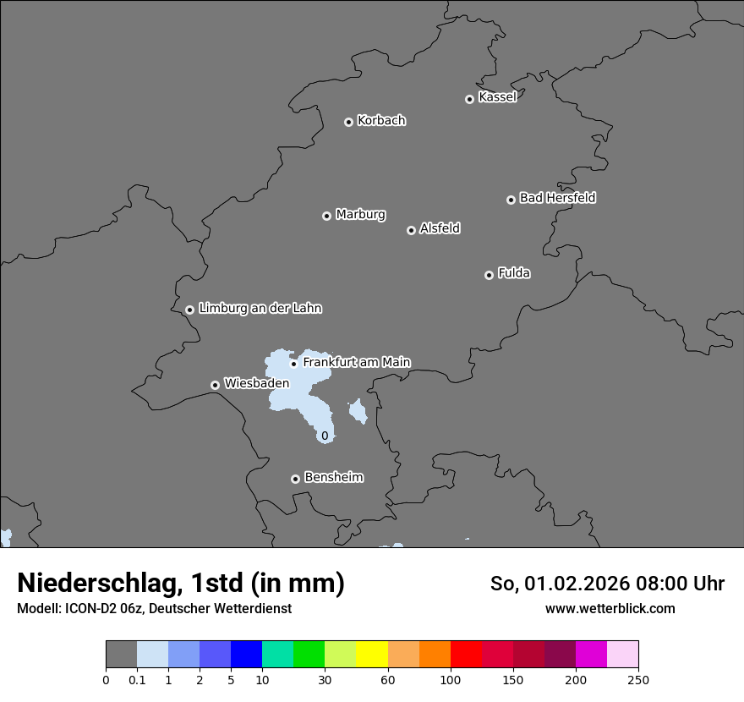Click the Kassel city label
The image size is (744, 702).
497,97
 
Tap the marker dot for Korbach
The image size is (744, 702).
348,122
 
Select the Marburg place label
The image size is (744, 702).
360,215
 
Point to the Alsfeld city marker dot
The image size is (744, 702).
411,230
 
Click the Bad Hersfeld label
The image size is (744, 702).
557,198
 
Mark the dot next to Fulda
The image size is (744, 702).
489,275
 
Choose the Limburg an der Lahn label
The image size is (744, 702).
260,309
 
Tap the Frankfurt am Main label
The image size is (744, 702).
356,362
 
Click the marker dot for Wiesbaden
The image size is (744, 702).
215,385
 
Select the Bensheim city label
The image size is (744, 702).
333,478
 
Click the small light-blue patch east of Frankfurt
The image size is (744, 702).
358,412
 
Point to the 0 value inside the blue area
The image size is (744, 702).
325,436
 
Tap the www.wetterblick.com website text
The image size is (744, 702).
610,608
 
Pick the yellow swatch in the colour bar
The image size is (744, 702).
372,655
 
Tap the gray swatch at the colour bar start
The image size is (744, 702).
121,655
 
